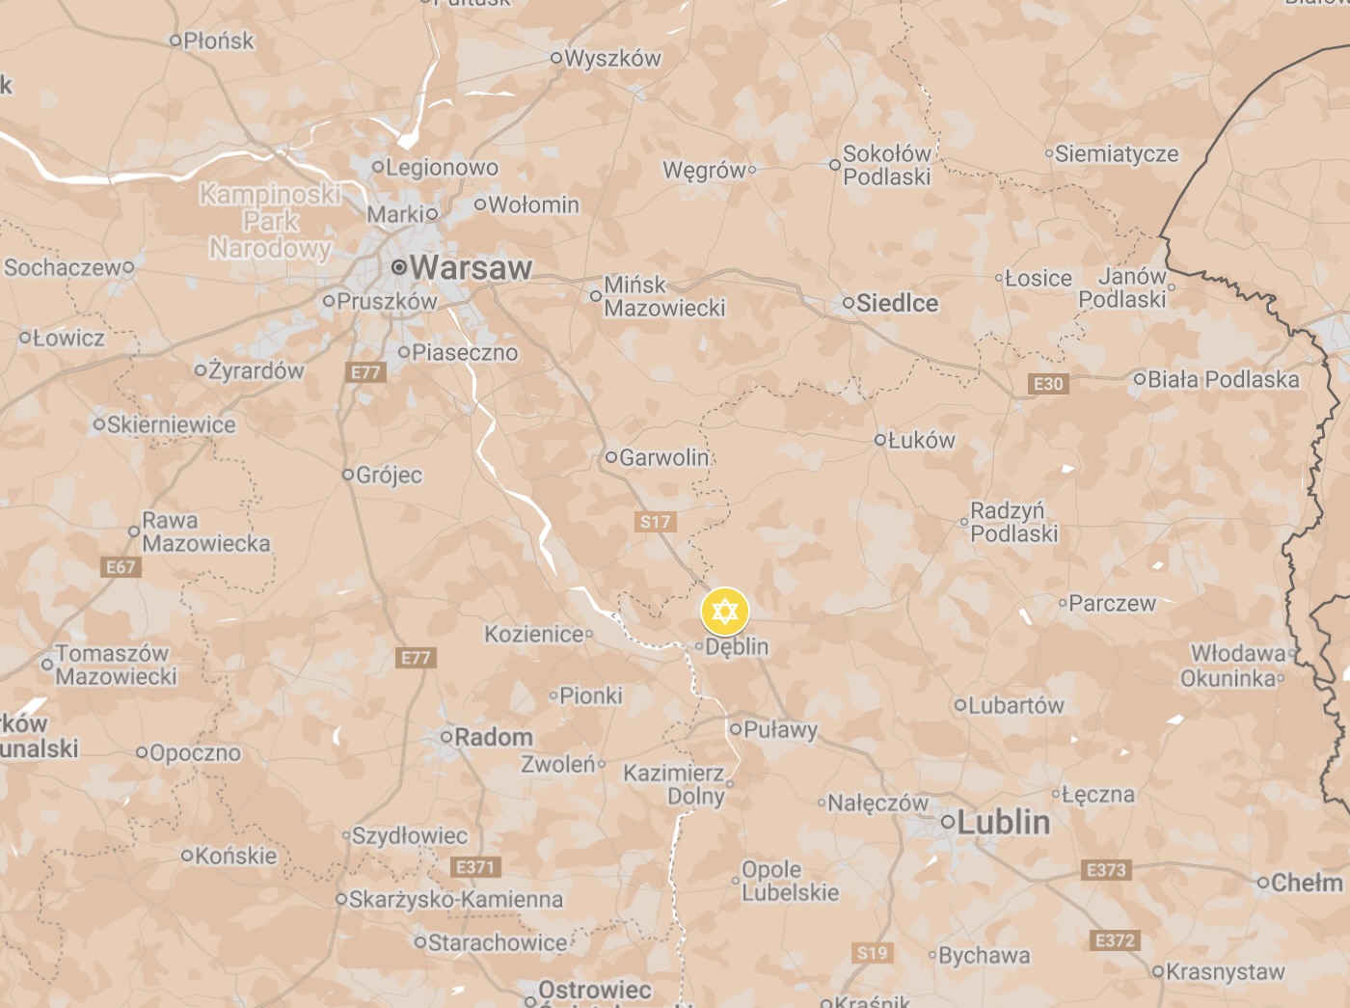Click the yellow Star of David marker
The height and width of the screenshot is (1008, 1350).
(x=724, y=612)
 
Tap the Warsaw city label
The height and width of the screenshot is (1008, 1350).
(x=471, y=267)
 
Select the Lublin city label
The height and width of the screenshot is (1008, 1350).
(x=1005, y=822)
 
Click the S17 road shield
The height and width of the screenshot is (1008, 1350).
(x=656, y=522)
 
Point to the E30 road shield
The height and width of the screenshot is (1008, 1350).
(x=1048, y=384)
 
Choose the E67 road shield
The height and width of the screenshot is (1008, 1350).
(x=121, y=567)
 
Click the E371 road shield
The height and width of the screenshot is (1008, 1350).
(x=474, y=867)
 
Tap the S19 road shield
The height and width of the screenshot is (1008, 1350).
(x=873, y=953)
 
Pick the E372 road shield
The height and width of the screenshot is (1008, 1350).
(x=1115, y=940)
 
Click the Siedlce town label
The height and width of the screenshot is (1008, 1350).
(x=897, y=303)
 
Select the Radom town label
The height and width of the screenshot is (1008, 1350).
(x=493, y=737)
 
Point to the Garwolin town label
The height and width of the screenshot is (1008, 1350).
(x=663, y=457)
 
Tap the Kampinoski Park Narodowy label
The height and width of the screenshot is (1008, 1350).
(x=270, y=221)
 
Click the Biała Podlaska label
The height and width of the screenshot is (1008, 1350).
(x=1223, y=379)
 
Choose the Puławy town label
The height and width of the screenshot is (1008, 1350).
(x=780, y=729)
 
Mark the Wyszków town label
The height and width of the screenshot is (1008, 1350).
(x=612, y=58)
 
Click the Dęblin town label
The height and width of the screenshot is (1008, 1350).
(x=737, y=646)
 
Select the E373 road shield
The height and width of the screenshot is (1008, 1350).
(x=1106, y=870)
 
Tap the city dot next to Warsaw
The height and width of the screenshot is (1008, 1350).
(x=398, y=267)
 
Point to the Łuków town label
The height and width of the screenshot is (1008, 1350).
(x=921, y=440)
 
